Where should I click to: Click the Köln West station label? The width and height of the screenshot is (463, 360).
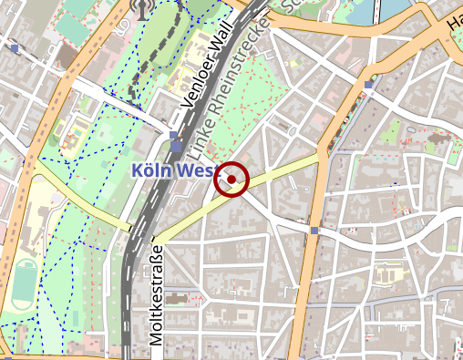173,170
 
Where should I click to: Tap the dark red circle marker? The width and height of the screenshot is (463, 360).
231,180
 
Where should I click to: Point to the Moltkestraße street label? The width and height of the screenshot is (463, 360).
156,294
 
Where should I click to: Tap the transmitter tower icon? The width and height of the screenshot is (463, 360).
141,9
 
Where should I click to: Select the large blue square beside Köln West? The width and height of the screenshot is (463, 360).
175,147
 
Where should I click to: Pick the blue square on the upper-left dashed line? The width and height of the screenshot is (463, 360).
15,47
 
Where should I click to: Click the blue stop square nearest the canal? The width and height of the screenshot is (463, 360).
368,85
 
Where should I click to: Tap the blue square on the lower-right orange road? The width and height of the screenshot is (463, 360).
314,231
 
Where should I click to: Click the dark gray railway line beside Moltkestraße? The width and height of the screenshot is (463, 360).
128,292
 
